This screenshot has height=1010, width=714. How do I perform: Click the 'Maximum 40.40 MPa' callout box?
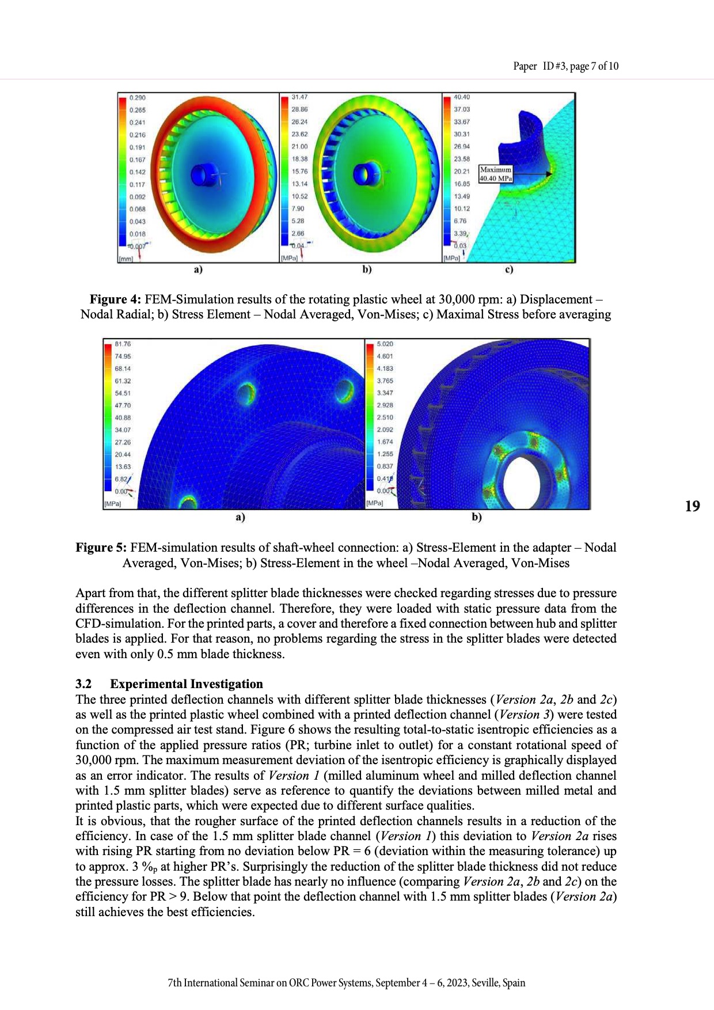[x=496, y=174]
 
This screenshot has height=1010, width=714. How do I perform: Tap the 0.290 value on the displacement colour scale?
[x=137, y=98]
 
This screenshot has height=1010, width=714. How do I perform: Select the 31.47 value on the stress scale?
[x=299, y=97]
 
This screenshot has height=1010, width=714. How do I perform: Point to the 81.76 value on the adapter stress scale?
[x=123, y=344]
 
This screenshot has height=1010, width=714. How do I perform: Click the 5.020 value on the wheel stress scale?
[x=385, y=344]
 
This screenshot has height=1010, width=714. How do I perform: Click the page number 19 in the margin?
[x=692, y=506]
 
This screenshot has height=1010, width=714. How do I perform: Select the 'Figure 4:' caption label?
[x=115, y=299]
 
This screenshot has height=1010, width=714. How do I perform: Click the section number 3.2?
[x=83, y=684]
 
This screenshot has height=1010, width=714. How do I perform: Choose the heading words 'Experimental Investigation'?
[x=187, y=684]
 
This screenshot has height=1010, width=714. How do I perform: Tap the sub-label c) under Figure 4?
[x=508, y=269]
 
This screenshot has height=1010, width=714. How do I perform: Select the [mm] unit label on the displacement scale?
[x=126, y=259]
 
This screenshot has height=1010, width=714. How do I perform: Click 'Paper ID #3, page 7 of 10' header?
[x=565, y=66]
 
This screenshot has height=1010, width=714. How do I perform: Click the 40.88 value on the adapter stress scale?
[x=123, y=418]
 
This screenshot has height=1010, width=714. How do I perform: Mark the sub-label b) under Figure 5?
[x=477, y=517]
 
